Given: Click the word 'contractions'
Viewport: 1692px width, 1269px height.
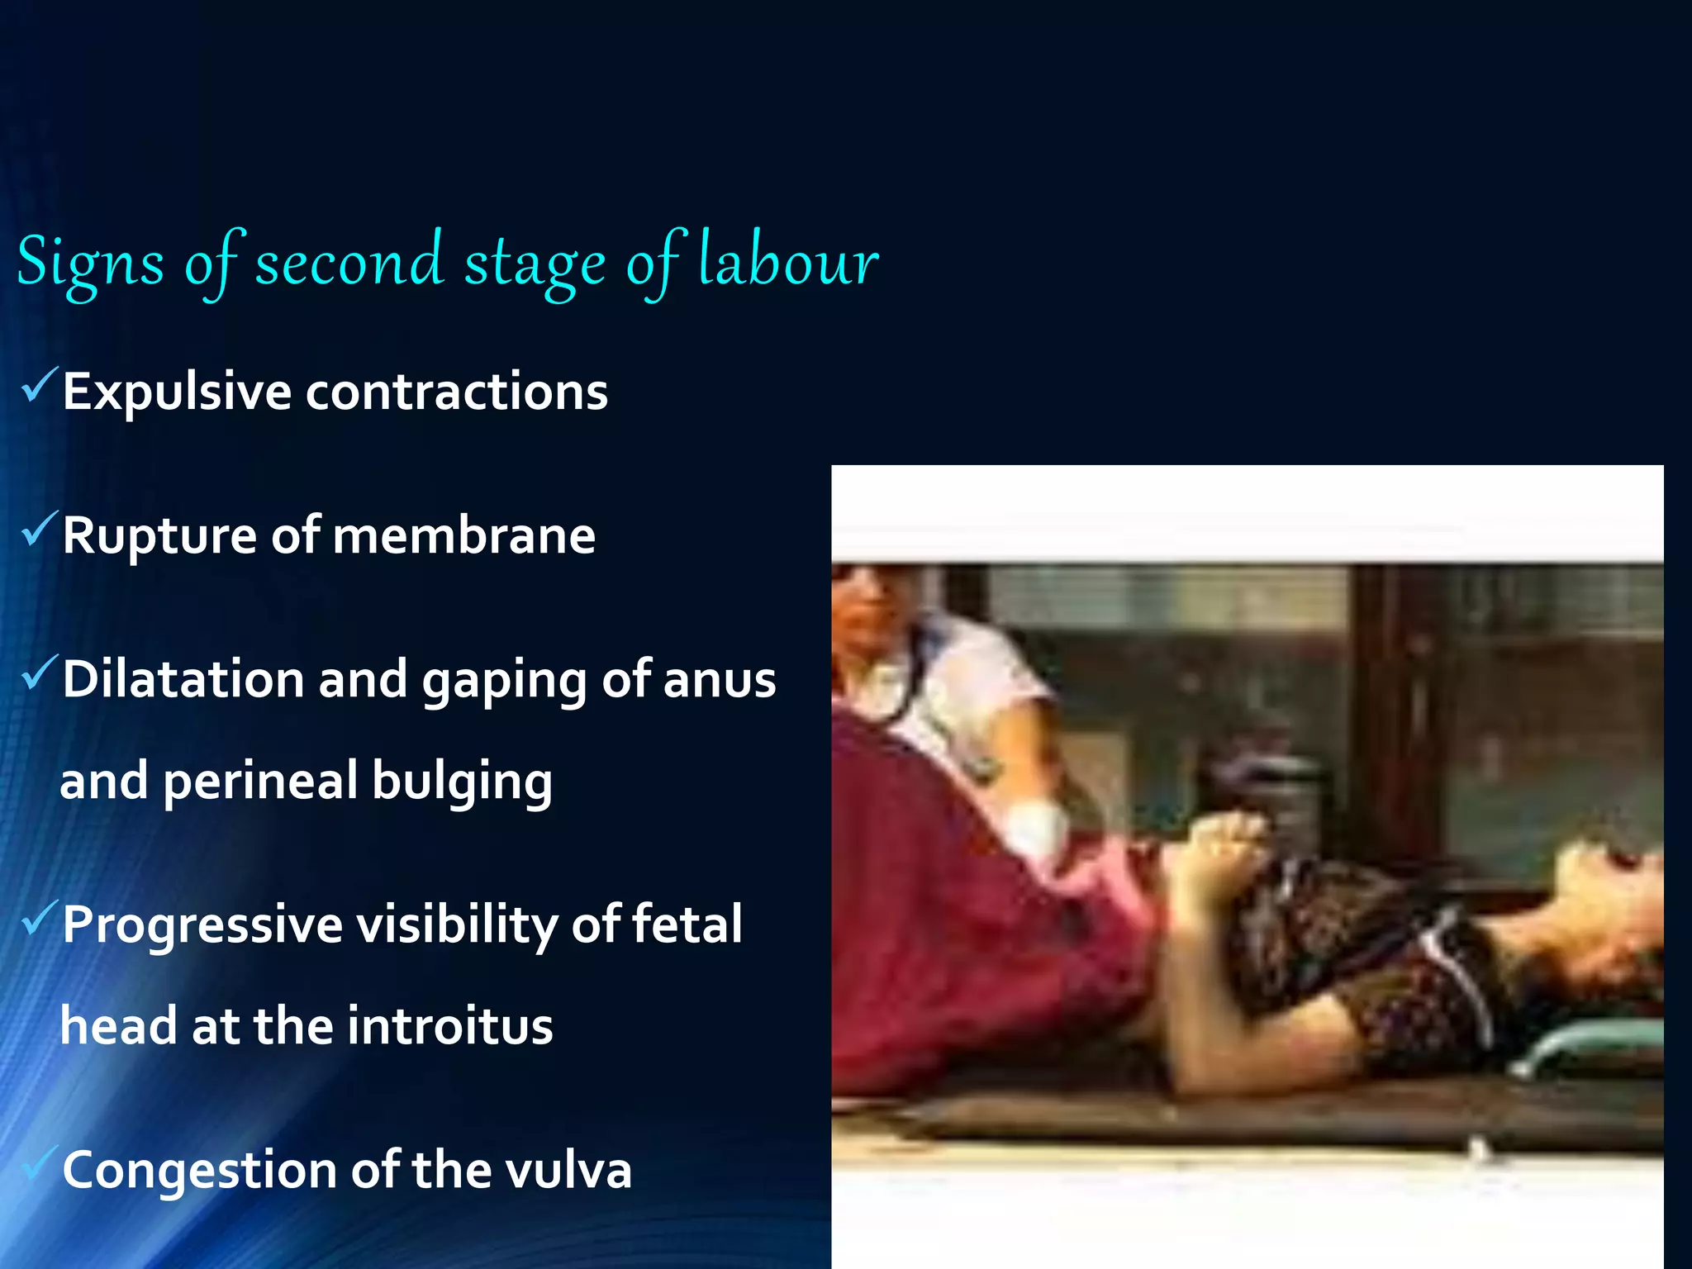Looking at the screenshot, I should [457, 392].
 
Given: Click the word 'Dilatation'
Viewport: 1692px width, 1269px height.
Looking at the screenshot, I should [183, 679].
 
